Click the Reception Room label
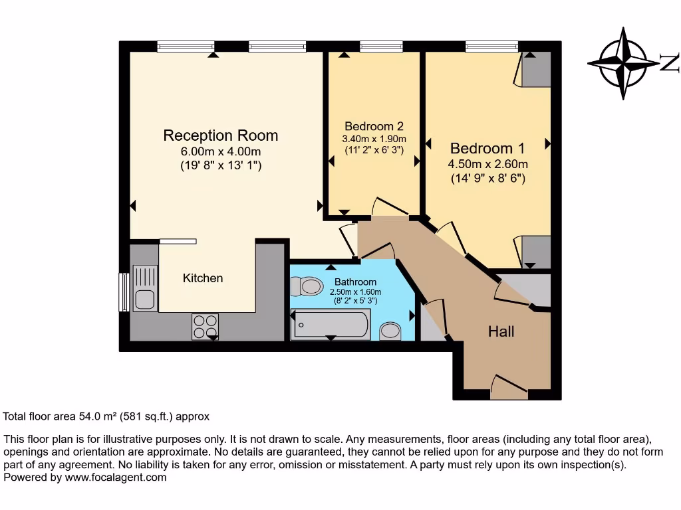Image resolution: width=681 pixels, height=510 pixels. (221, 135)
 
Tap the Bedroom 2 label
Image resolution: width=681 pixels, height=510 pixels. (374, 126)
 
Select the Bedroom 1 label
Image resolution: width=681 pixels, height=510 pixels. (482, 148)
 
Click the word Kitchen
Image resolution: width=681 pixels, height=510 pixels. (203, 278)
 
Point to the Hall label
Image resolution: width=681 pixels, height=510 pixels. (501, 331)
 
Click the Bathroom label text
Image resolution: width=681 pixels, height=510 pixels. (355, 282)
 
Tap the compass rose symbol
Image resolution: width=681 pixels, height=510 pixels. (624, 64)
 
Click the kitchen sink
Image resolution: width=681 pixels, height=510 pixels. (144, 288)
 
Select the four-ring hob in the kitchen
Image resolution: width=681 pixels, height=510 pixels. (205, 325)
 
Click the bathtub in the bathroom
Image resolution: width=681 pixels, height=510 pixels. (331, 325)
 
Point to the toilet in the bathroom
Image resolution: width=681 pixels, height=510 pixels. (307, 286)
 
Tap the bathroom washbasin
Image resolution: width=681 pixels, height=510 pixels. (390, 331)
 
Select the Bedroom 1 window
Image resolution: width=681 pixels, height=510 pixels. (487, 46)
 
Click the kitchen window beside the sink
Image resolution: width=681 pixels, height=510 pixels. (123, 292)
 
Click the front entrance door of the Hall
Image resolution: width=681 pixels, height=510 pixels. (509, 386)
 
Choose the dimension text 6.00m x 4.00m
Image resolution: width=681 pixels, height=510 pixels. (221, 152)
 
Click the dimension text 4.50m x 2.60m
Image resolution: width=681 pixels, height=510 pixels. (488, 164)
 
